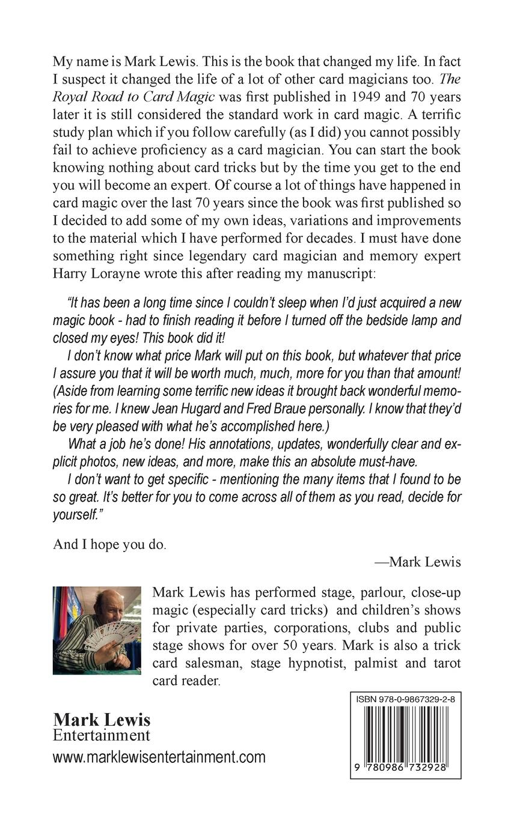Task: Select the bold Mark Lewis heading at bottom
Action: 102,720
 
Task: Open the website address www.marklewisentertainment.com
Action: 159,756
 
